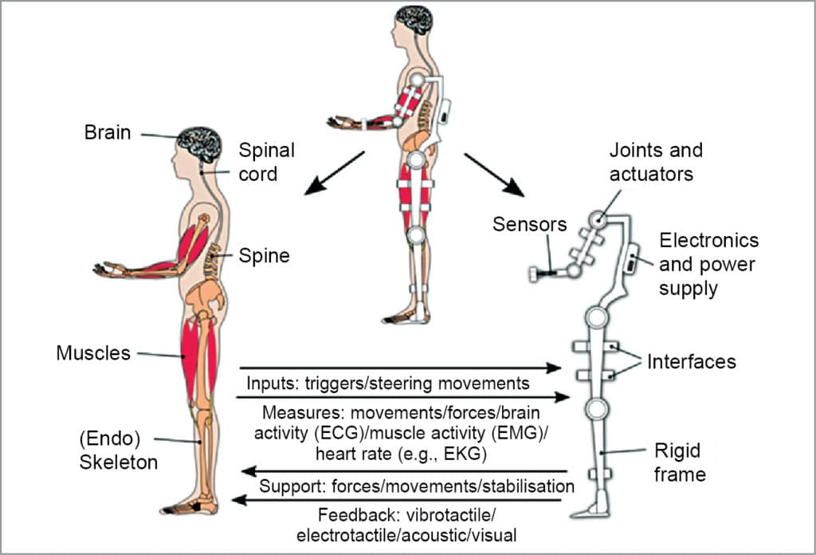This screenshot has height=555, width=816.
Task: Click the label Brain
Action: (108, 132)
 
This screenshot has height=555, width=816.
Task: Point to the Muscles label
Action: (92, 352)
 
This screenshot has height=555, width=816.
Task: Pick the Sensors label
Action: (529, 224)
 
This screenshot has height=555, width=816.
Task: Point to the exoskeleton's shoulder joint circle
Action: (600, 218)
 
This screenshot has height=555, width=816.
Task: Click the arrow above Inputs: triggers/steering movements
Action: (398, 368)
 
